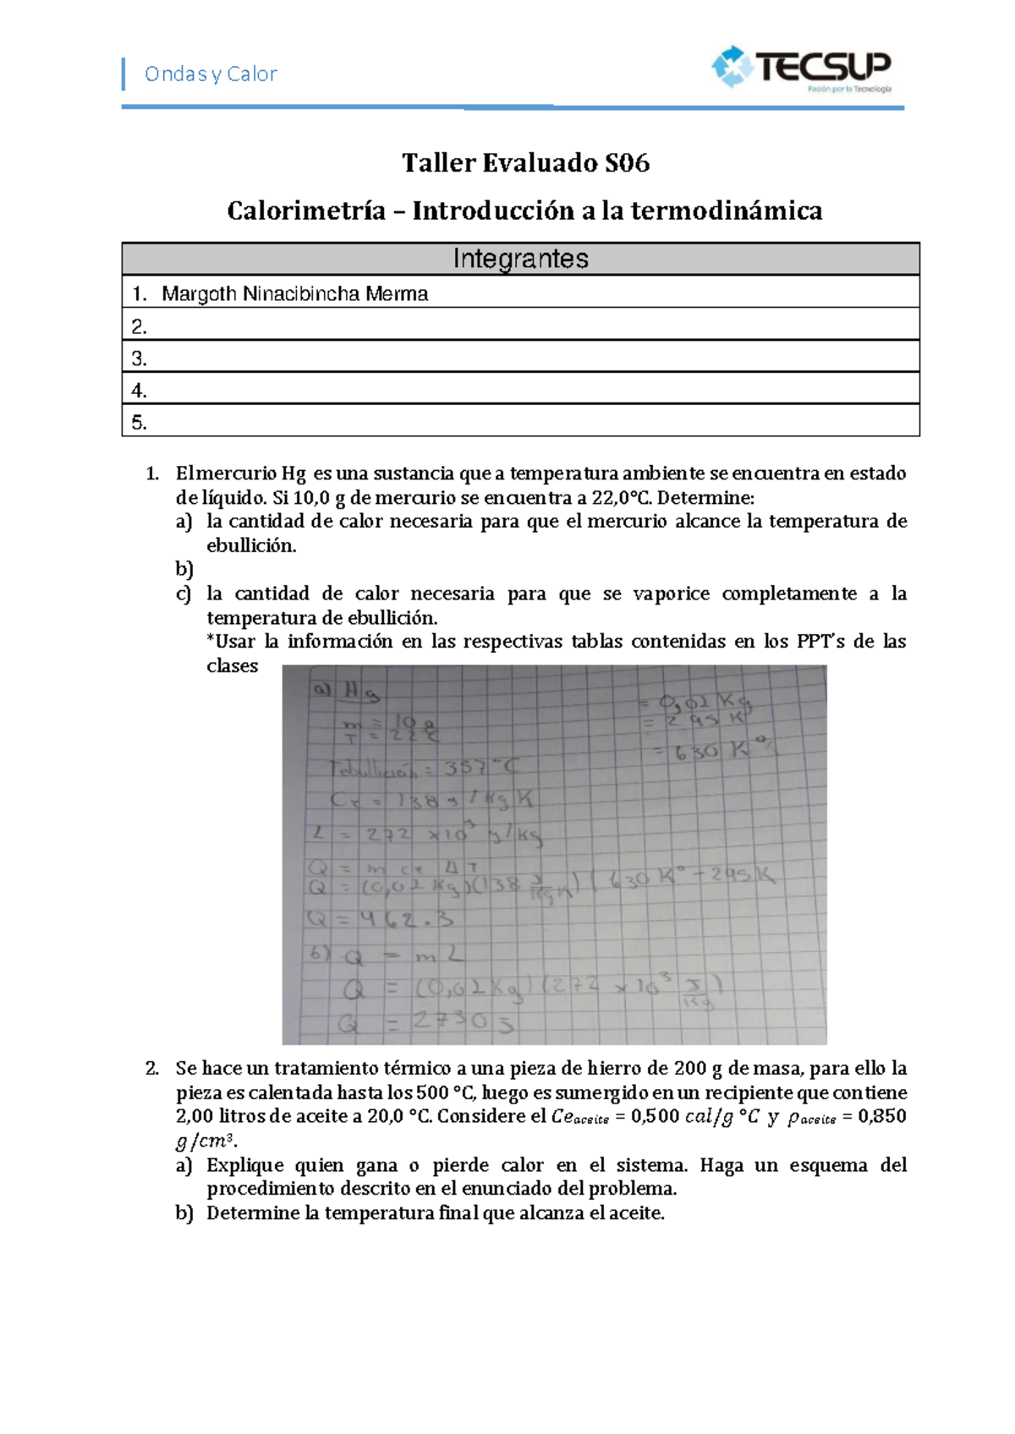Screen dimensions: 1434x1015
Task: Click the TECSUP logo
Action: click(802, 68)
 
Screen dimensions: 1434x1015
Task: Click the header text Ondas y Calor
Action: click(211, 74)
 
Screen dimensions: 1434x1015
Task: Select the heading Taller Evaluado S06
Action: click(525, 163)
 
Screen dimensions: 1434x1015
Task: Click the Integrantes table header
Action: click(520, 259)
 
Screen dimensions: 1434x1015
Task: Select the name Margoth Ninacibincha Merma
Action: click(294, 293)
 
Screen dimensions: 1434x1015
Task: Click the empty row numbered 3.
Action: click(520, 358)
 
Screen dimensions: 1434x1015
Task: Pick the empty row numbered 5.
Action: click(520, 422)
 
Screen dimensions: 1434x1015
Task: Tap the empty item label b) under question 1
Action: click(184, 568)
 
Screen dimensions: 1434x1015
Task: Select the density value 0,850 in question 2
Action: click(881, 1116)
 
